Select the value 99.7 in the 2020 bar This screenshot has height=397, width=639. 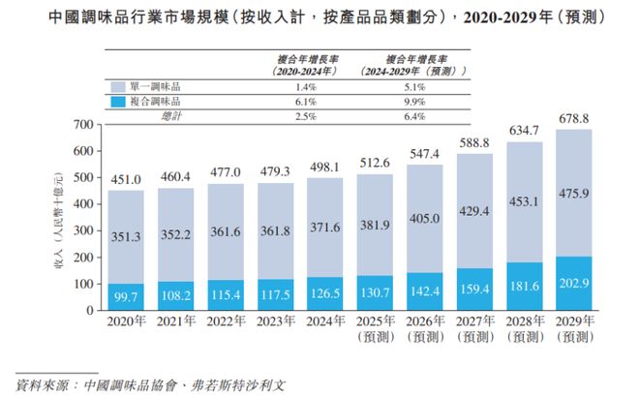click(126, 299)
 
